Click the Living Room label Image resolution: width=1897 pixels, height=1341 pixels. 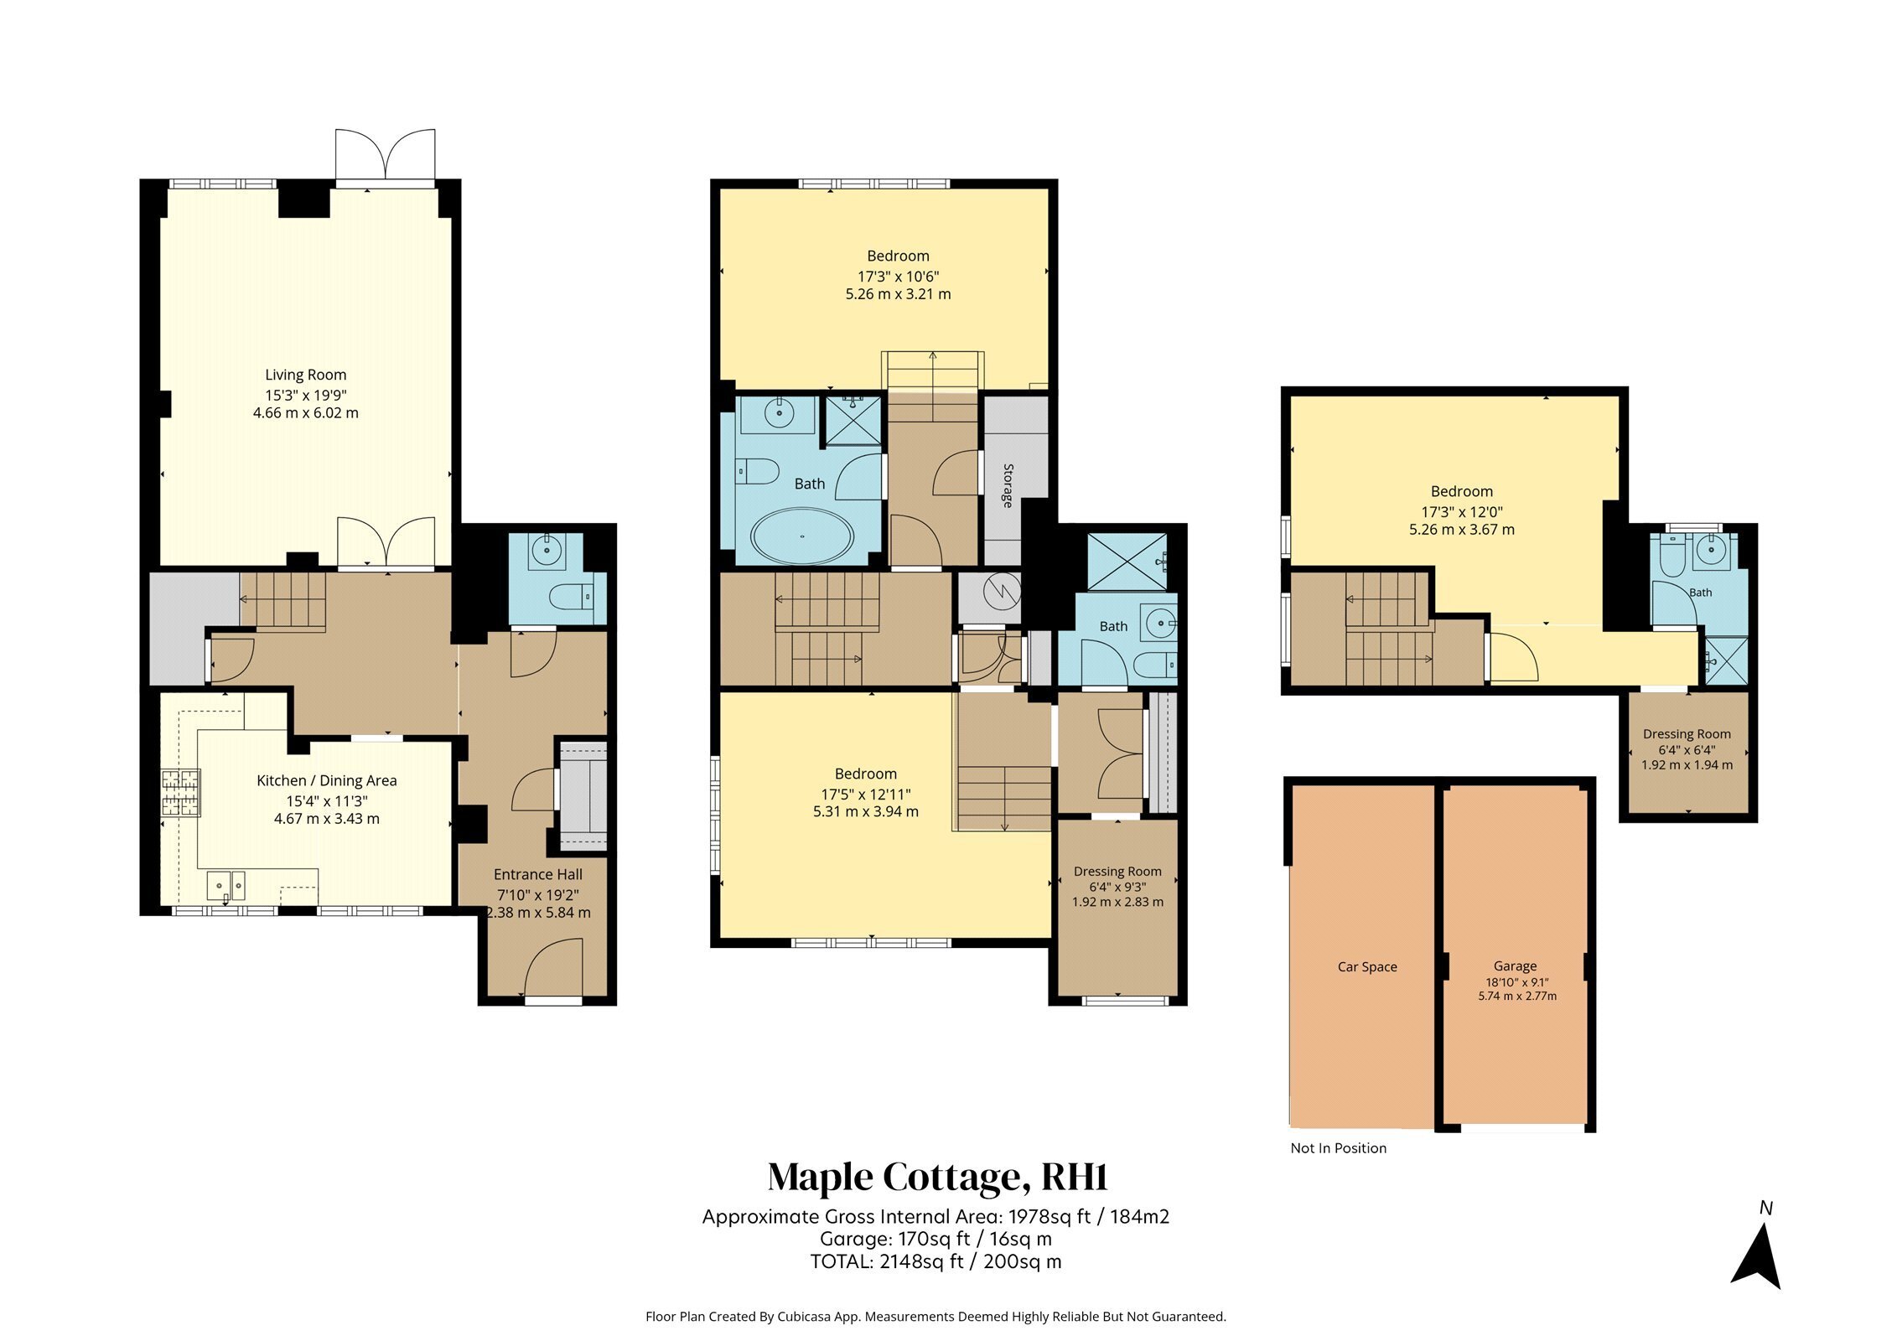pos(305,375)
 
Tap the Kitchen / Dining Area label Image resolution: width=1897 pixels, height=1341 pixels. pos(326,780)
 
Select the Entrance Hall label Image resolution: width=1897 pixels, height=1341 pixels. pos(537,874)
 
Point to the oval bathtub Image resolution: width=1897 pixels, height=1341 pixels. pos(802,536)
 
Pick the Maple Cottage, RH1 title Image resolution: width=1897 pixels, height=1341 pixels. pos(938,1177)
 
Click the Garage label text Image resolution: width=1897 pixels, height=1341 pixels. pos(1515,966)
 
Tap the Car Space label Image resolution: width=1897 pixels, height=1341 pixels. pos(1367,966)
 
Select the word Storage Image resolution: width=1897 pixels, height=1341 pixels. pos(1008,485)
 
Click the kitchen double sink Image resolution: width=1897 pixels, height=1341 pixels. pos(226,884)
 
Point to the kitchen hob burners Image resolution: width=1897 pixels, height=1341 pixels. pos(182,793)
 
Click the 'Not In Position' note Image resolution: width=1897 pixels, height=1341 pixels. pos(1338,1148)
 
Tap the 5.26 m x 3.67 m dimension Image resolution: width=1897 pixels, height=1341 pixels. pos(1461,530)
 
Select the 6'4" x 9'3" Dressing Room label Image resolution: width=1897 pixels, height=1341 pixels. pos(1117,887)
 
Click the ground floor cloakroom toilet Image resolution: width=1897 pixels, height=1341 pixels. pos(571,597)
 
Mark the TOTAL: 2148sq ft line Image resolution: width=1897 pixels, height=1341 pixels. pos(936,1261)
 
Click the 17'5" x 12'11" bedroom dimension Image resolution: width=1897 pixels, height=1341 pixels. pos(865,794)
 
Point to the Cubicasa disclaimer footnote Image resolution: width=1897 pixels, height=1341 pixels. pos(936,1317)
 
